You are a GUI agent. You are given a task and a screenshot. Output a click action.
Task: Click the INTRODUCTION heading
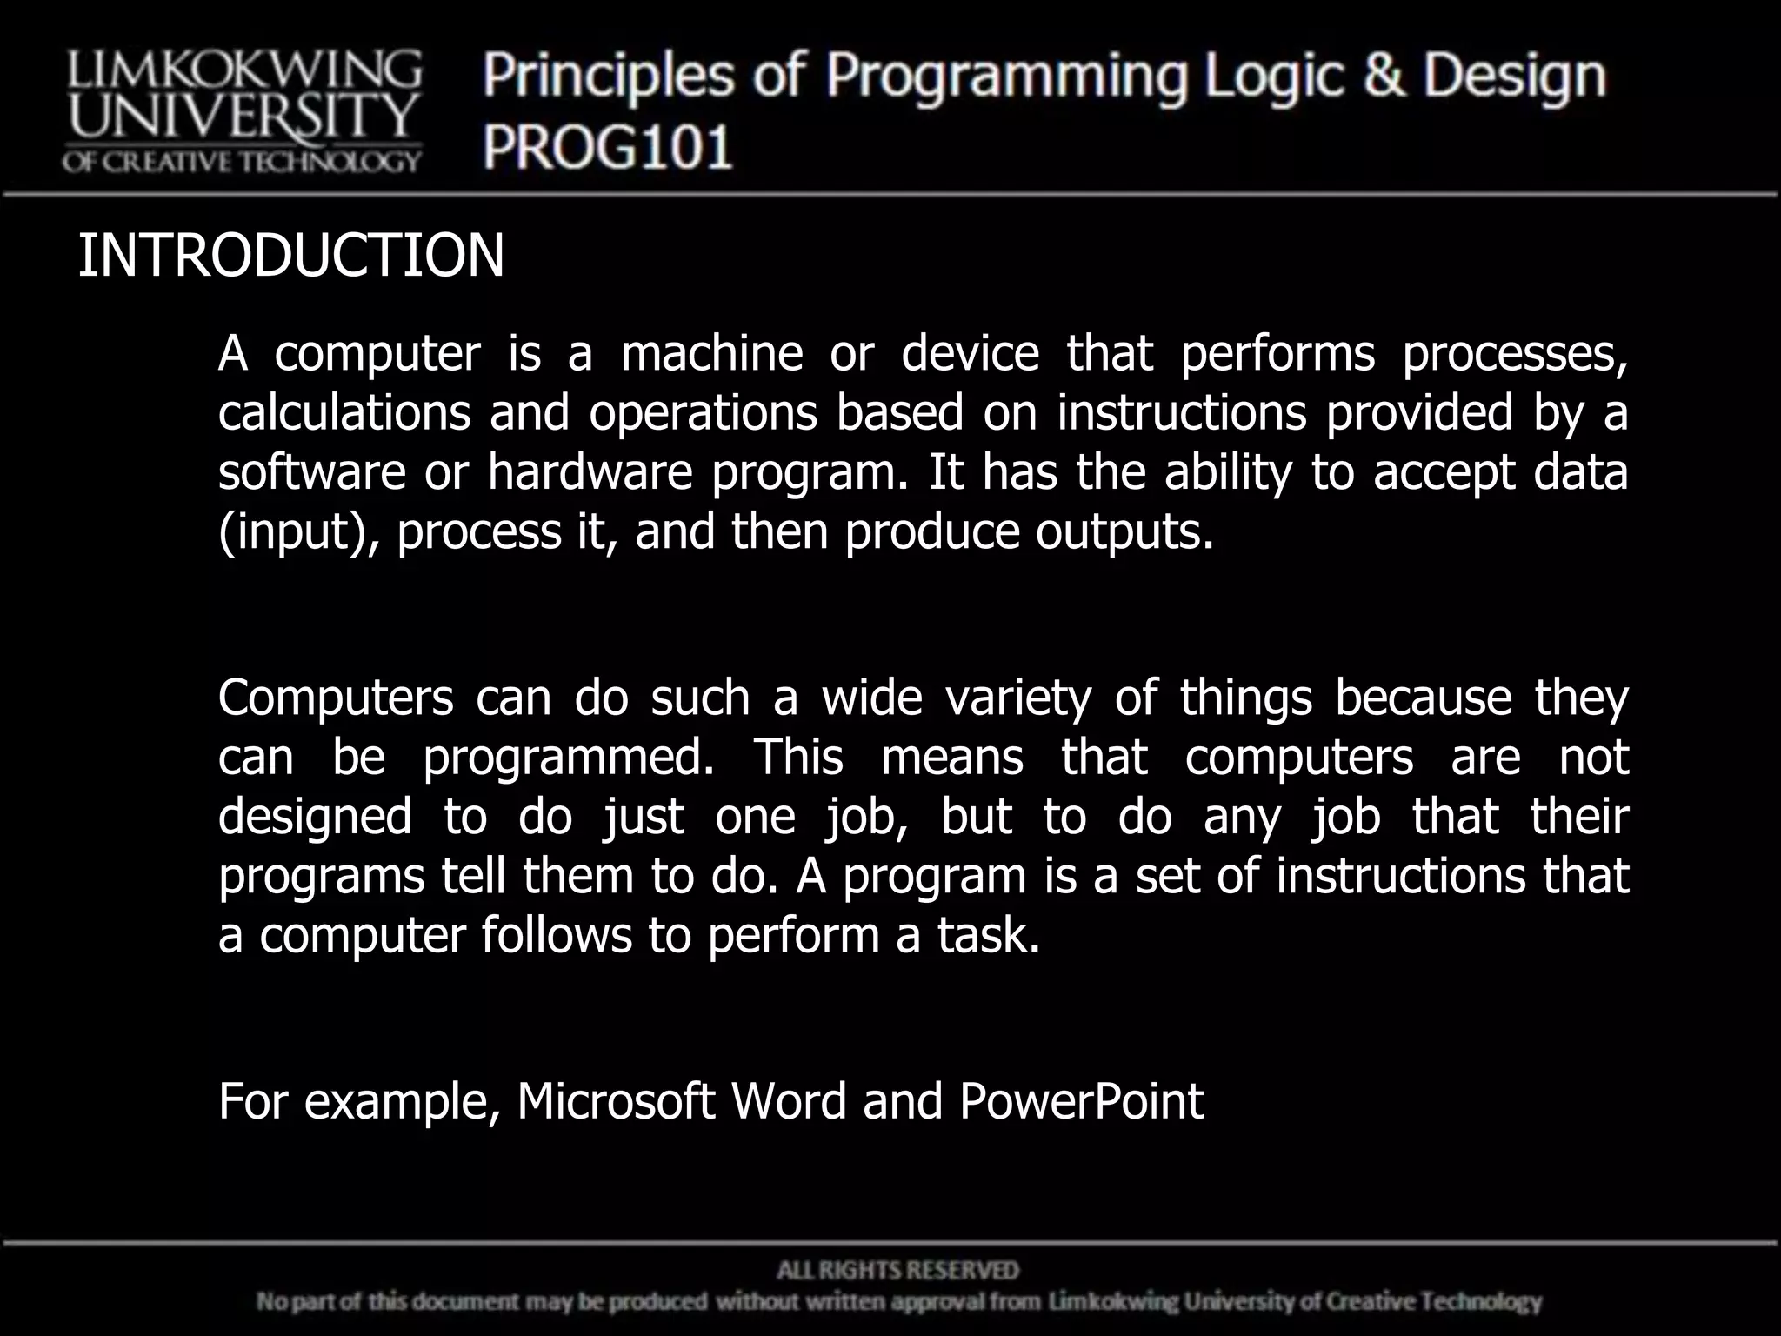(290, 256)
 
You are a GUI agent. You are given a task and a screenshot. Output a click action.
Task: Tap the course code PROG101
(608, 146)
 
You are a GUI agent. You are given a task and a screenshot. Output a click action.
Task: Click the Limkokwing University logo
(242, 111)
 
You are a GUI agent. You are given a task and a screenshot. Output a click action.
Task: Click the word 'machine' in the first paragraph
(711, 353)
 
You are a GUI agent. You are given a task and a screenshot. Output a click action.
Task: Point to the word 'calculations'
(344, 412)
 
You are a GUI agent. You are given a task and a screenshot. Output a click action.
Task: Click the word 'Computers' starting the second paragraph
(335, 698)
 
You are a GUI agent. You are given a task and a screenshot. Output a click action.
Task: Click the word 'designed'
(315, 817)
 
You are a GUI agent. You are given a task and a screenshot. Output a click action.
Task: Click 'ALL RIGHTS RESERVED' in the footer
(897, 1271)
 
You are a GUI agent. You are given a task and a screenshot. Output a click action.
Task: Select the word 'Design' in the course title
(1514, 76)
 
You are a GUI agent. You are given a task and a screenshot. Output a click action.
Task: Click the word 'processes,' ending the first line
(1514, 355)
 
